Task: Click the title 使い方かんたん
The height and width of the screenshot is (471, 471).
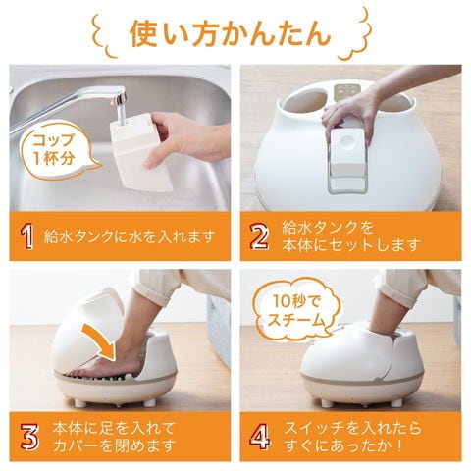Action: (x=230, y=34)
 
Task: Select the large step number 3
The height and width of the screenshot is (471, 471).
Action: (x=29, y=437)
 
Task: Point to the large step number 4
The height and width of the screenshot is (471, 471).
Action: (x=260, y=437)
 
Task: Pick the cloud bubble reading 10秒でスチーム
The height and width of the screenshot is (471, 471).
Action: (x=296, y=311)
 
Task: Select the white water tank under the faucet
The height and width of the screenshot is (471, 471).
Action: (x=140, y=153)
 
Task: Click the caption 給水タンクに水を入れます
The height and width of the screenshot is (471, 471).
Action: (x=130, y=236)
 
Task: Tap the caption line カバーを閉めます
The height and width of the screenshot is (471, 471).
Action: (x=114, y=445)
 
